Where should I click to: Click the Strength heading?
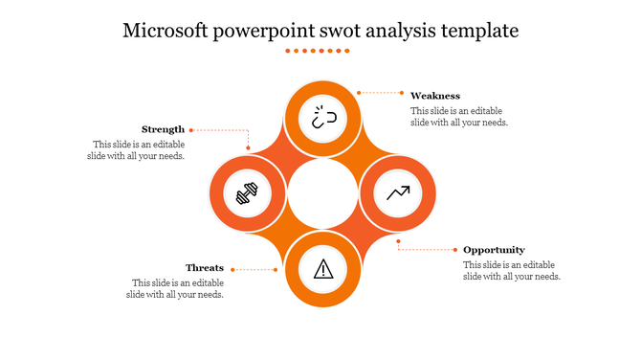coord(163,129)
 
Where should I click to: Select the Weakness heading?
coord(435,96)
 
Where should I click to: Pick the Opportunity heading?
coord(494,250)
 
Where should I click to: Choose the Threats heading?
coord(205,268)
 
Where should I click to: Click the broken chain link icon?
coord(321,117)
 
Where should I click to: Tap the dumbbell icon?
coord(247,194)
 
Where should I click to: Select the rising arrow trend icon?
coord(398,193)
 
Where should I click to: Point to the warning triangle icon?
coord(323,268)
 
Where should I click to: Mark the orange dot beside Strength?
coord(191,129)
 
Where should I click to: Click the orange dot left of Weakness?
coord(359,93)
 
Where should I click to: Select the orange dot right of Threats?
coord(276,269)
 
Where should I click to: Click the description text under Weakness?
coord(458,117)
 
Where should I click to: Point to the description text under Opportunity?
coord(511,271)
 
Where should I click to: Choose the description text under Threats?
coord(177,289)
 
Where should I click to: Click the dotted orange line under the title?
coord(320,51)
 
